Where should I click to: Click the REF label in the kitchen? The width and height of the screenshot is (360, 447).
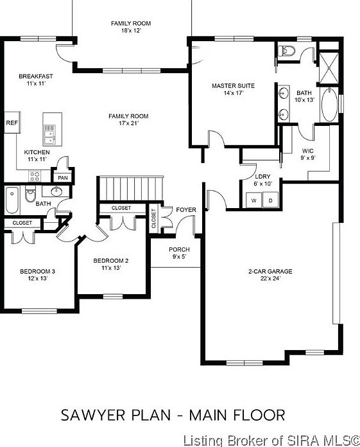point(11,122)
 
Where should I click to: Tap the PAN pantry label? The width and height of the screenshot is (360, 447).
point(63,178)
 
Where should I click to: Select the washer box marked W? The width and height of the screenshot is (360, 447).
point(253,200)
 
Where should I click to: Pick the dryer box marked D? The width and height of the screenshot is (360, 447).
point(270,200)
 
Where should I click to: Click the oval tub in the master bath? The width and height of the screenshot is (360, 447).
point(328,107)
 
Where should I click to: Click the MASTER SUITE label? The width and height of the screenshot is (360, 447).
point(234,85)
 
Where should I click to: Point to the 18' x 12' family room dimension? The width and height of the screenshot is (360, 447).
point(126,31)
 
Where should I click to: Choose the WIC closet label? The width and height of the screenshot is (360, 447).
point(308,151)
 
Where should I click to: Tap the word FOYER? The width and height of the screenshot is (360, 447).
point(186,209)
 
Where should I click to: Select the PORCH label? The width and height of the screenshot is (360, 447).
point(179,249)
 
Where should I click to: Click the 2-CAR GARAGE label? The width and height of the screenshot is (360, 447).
point(270,272)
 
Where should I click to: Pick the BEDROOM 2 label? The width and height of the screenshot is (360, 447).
point(111,261)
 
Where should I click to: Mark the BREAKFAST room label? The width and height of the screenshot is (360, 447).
point(35,76)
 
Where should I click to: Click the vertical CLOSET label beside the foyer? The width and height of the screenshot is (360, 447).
point(153,219)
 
